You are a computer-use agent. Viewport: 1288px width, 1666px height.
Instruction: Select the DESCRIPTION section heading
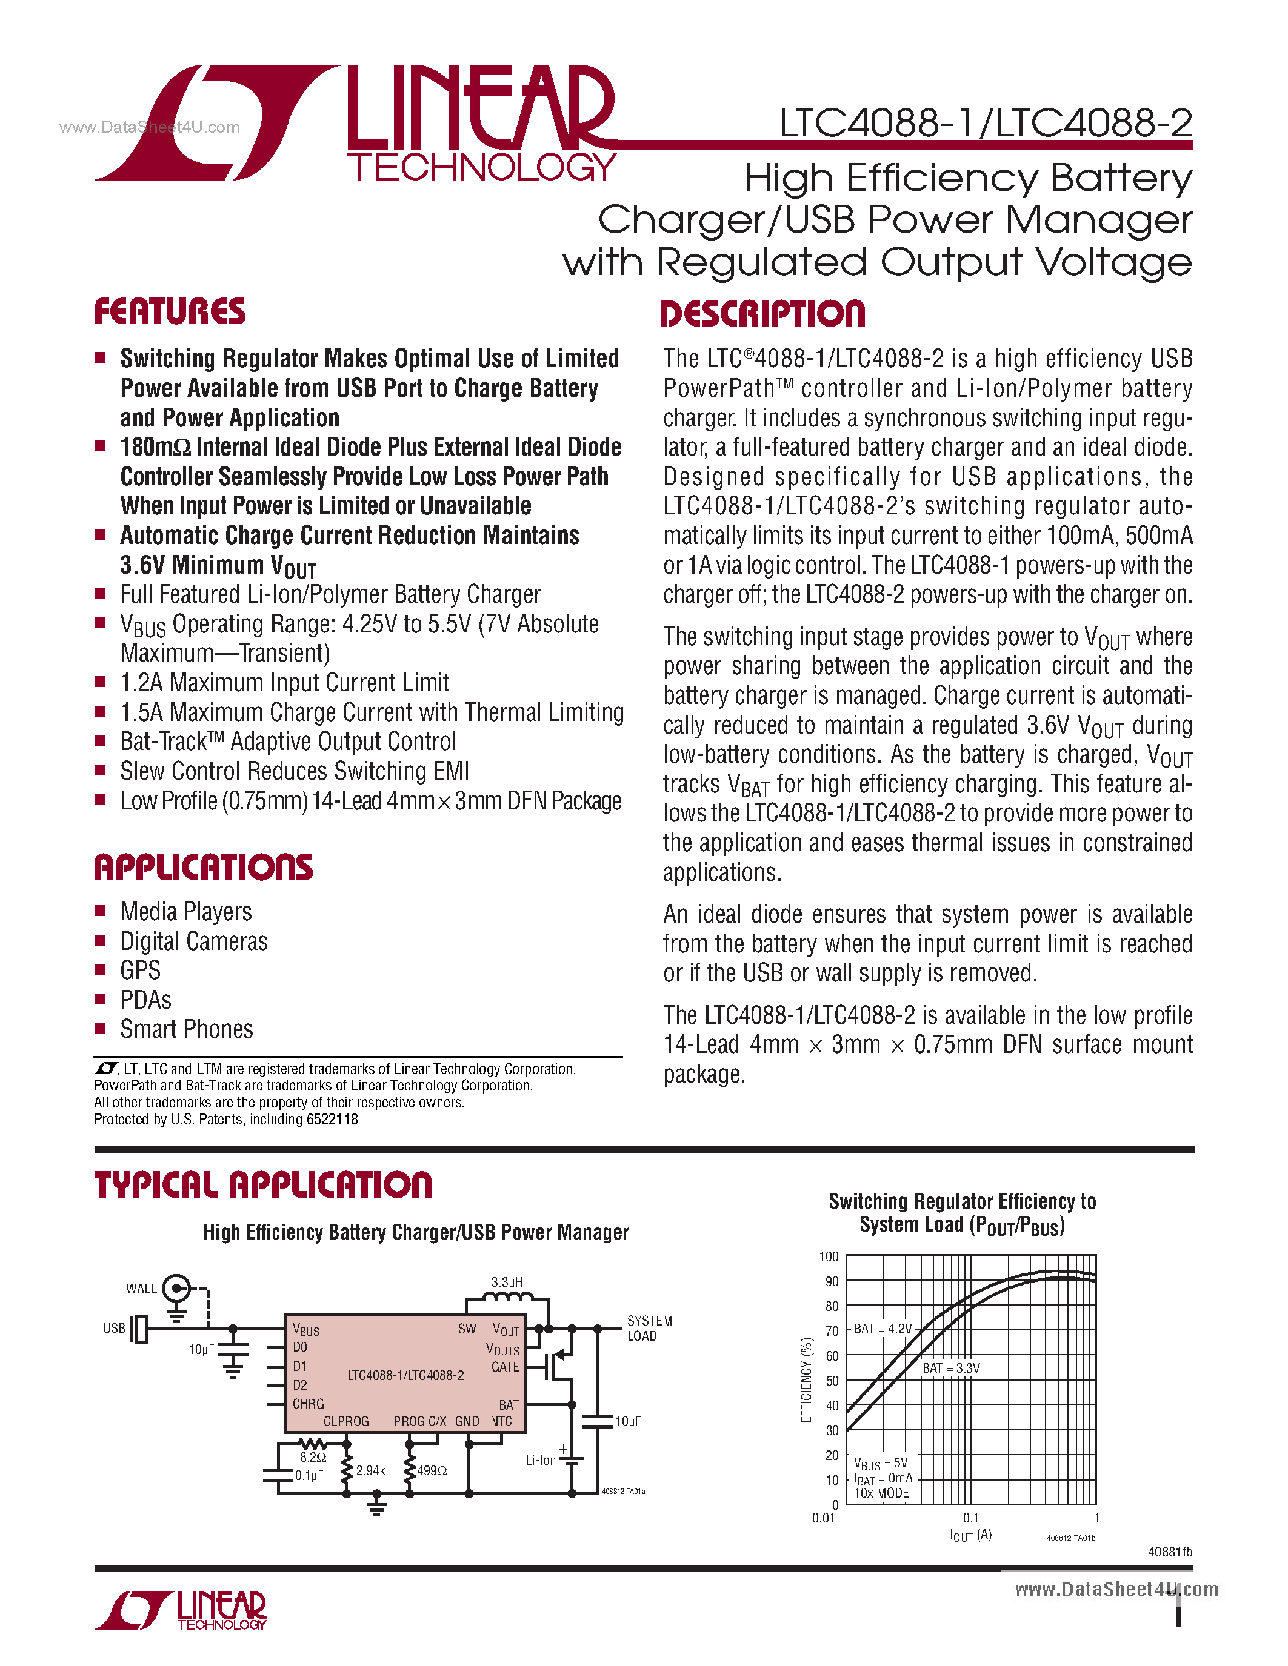tap(762, 314)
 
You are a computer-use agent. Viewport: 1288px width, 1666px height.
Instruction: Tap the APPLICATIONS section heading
tap(203, 868)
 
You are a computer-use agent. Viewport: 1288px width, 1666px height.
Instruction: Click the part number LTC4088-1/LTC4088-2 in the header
tap(985, 123)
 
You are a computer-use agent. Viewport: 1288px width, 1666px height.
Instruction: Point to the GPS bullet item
tap(141, 971)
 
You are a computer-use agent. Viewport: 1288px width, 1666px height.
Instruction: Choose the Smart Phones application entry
tap(186, 1029)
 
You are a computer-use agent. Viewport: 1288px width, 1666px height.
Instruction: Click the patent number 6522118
tap(332, 1120)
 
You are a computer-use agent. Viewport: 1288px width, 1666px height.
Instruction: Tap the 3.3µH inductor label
tap(507, 1283)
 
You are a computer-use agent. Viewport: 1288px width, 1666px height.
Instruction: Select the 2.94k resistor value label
tap(371, 1471)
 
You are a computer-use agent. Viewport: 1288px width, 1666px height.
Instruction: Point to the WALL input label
tap(141, 1289)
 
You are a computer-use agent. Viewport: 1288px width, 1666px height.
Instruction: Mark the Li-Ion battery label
tap(540, 1460)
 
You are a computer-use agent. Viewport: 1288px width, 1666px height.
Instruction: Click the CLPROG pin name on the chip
tap(345, 1422)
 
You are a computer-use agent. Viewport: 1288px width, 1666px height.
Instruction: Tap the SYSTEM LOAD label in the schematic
tap(649, 1328)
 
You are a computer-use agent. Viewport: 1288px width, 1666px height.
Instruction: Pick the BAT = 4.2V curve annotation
tap(883, 1329)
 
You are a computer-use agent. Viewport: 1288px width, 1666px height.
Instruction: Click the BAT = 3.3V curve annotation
tap(951, 1369)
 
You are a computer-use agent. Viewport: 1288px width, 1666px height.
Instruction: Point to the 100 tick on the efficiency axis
tap(829, 1256)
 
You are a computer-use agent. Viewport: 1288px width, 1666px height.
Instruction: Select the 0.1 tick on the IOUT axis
tap(970, 1518)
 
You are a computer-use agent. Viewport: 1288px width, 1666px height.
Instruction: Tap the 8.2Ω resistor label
tap(313, 1457)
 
